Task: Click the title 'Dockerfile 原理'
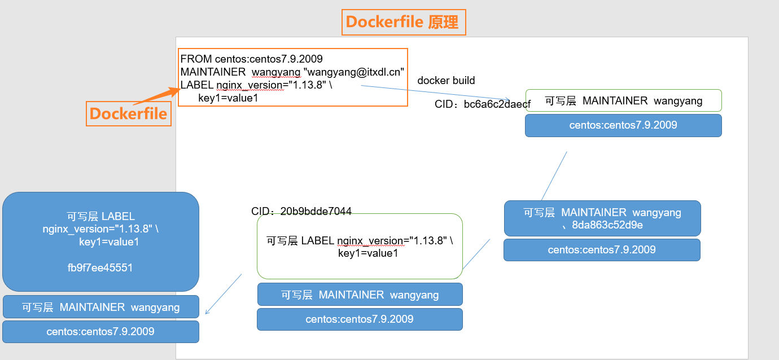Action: tap(404, 22)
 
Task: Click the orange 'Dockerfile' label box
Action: tap(129, 113)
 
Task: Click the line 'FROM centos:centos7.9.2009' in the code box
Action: tap(251, 59)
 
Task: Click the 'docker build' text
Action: tap(446, 81)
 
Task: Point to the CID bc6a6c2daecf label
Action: tap(482, 104)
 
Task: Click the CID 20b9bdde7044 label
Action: tap(301, 212)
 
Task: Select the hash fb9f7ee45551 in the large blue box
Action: tap(100, 267)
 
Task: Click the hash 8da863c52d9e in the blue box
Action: tap(607, 225)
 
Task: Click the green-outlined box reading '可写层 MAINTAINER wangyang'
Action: tap(623, 100)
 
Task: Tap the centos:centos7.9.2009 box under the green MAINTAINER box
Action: tap(623, 125)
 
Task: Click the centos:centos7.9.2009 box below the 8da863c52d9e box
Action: tap(602, 249)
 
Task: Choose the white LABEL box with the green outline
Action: tap(360, 247)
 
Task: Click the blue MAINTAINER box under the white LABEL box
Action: tap(360, 295)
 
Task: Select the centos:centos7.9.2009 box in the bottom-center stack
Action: tap(360, 319)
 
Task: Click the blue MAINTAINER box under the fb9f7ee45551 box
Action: tap(100, 307)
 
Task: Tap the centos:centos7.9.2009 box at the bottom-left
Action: tap(100, 331)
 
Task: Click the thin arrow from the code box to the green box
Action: tap(435, 93)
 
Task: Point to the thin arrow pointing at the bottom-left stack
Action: tap(223, 294)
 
